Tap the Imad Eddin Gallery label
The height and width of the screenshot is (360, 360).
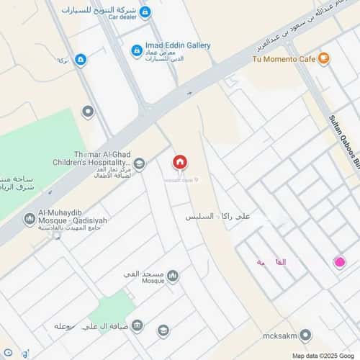point(178,45)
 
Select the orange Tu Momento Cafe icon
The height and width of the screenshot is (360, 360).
point(324,58)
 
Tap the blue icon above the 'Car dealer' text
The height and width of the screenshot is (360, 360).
point(145,12)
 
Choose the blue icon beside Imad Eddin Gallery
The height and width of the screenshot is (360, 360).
point(137,50)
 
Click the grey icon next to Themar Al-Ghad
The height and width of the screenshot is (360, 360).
point(140,164)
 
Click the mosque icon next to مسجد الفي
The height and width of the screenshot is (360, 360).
point(173,275)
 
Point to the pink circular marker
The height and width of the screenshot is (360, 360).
point(339,264)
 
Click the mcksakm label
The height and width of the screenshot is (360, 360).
point(279,336)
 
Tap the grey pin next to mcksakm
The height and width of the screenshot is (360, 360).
point(305,336)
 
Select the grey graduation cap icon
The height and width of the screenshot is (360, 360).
point(163,330)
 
